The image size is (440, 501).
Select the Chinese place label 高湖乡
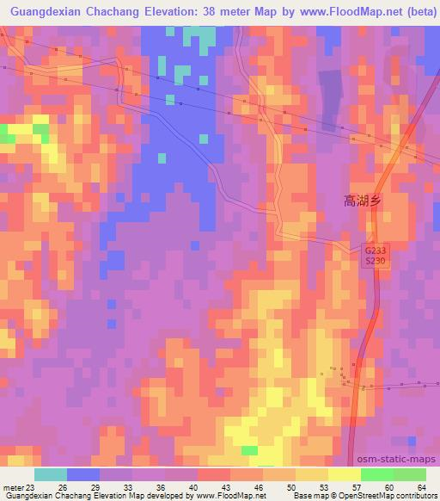coord(362,200)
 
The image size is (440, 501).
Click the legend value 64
coord(421,486)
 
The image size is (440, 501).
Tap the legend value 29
coord(95,486)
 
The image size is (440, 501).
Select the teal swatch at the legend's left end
coord(51,474)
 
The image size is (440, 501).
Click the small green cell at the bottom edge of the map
coord(249,450)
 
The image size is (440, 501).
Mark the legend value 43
coord(224,486)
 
